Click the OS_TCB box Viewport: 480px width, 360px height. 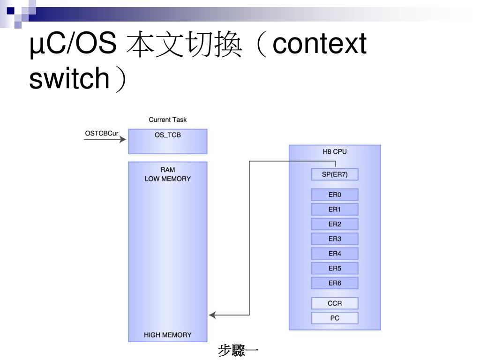pos(167,141)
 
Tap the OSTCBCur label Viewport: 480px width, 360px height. pos(102,133)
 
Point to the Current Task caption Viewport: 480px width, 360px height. pos(167,120)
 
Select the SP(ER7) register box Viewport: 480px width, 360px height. pos(335,175)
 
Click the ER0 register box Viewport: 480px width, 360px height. pos(335,195)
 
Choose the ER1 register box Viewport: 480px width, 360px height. pos(335,210)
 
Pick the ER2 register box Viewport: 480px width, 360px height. pos(335,224)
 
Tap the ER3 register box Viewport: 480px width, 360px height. pos(335,239)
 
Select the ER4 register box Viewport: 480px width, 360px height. pos(335,254)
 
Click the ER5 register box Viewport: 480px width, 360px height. pos(335,269)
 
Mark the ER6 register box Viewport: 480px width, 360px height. pos(335,283)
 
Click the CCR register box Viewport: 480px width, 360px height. pos(335,303)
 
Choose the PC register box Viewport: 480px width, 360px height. pos(335,318)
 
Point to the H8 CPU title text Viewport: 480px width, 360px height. pos(335,152)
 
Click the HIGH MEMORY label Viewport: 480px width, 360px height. pos(167,335)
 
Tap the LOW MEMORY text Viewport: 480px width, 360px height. pos(167,179)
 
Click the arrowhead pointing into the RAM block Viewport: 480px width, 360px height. pos(212,315)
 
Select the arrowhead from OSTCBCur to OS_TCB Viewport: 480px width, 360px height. pos(123,139)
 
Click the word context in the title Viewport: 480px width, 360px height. pos(319,45)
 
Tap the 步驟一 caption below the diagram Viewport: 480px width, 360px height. pos(239,351)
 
